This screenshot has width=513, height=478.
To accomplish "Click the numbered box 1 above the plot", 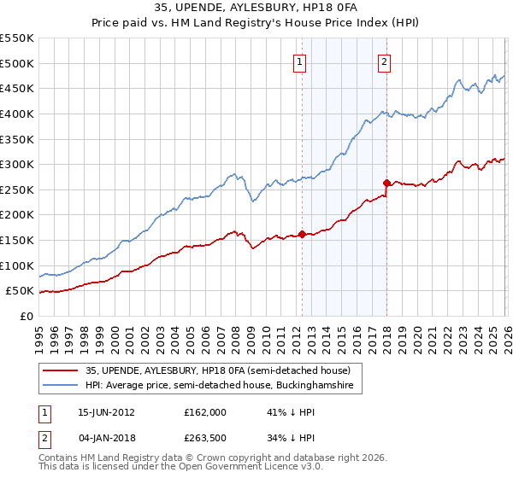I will click(301, 61).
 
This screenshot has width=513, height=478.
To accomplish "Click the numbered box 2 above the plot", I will click(385, 61).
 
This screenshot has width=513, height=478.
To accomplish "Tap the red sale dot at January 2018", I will click(386, 182).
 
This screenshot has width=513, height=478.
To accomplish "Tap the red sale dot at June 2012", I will click(302, 234).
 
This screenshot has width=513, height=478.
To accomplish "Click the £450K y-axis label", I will click(17, 88).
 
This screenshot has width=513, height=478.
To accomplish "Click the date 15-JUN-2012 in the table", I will click(106, 412).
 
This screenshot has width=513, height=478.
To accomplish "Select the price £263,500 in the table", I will click(204, 438).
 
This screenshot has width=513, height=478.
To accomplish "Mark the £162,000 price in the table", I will click(204, 412).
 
